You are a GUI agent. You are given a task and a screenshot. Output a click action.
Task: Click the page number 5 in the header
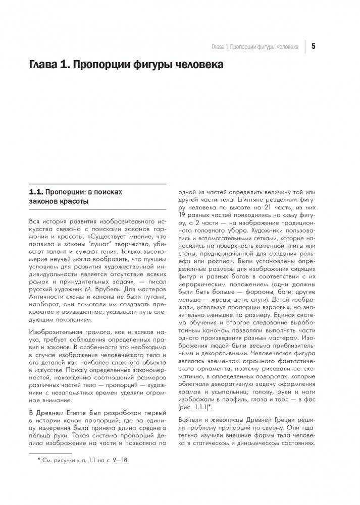314,46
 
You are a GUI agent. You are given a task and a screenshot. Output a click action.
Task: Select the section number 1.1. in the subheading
36,192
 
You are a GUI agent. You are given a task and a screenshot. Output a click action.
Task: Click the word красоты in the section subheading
72,202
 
